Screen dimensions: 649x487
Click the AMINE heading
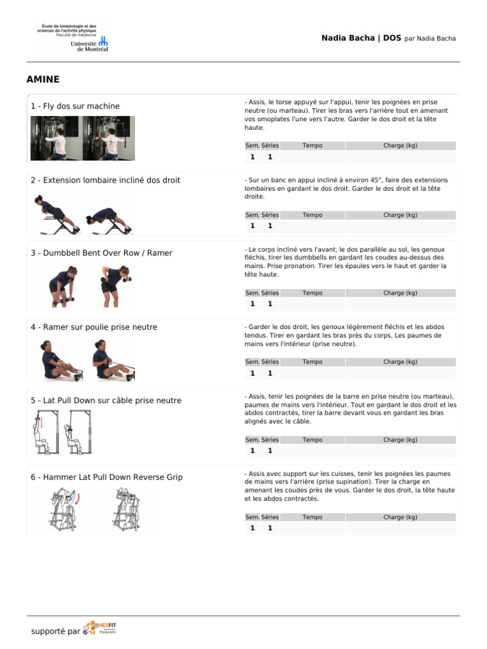click(x=43, y=79)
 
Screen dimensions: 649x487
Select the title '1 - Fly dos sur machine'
click(x=75, y=106)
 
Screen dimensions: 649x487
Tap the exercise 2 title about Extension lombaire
click(x=105, y=181)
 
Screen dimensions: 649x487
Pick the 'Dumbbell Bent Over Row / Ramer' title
click(x=101, y=254)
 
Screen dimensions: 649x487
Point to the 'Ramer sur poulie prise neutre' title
click(x=94, y=328)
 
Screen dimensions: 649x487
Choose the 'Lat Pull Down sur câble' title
click(x=106, y=401)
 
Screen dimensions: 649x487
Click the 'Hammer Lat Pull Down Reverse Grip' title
click(x=107, y=477)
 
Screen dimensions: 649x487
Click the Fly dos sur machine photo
click(x=82, y=138)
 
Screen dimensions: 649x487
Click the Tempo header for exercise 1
click(x=312, y=146)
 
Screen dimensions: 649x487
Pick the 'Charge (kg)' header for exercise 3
click(x=400, y=293)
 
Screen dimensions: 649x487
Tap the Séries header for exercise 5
click(x=270, y=440)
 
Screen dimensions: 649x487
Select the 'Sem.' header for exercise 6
click(x=252, y=517)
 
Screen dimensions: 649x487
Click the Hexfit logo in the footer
click(x=100, y=628)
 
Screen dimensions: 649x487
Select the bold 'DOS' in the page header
click(x=392, y=38)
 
